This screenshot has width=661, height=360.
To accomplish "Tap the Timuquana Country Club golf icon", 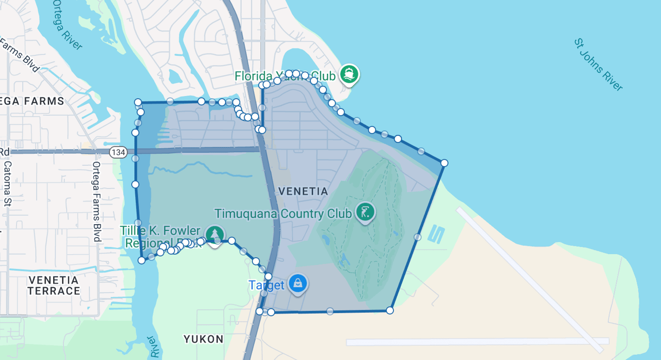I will click(365, 212).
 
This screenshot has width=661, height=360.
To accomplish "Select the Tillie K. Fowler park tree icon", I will click(215, 235).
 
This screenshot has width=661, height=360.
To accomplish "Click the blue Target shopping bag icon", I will click(298, 283).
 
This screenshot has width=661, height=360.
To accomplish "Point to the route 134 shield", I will click(118, 152).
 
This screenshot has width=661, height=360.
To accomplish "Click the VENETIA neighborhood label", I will click(303, 191).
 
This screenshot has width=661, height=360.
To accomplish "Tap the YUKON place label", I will click(203, 339).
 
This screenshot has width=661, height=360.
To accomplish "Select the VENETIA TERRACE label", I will click(54, 286).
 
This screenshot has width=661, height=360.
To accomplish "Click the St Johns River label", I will click(598, 65).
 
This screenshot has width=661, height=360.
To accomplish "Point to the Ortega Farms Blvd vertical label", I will click(96, 201).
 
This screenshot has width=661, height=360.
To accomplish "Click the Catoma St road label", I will click(8, 184).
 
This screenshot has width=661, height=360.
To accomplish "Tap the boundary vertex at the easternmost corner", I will click(444, 163).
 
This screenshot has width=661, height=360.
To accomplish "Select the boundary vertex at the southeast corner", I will click(390, 310).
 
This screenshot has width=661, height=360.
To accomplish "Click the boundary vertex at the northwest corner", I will click(138, 102).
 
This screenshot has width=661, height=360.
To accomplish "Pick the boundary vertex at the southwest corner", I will click(141, 260).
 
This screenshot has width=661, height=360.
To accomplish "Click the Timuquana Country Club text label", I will click(284, 214).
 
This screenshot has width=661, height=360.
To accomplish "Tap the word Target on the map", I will click(266, 285).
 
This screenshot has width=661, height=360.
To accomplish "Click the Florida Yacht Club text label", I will click(285, 76).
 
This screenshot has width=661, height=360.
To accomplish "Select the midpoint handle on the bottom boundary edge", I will click(330, 311).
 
